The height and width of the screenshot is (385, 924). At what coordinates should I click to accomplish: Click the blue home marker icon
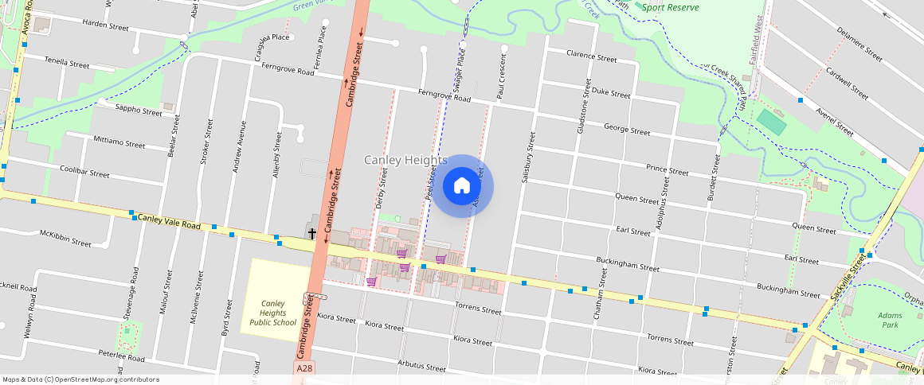(462, 186)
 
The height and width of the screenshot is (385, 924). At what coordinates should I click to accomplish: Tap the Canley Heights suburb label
(405, 161)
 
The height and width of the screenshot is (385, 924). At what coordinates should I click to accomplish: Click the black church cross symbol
(312, 233)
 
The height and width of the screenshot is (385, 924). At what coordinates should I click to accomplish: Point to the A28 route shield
(304, 369)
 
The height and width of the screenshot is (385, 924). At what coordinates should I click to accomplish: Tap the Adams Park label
(890, 321)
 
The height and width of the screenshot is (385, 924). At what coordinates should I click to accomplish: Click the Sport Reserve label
(671, 8)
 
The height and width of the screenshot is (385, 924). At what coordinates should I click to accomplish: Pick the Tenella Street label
(67, 62)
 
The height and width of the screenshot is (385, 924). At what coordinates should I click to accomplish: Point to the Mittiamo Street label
(119, 145)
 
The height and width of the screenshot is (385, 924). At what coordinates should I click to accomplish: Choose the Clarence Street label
(591, 58)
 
